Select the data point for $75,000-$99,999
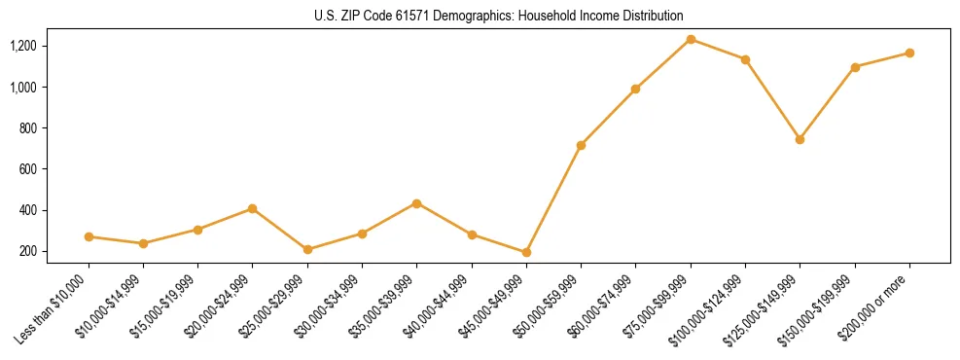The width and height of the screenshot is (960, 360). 691,39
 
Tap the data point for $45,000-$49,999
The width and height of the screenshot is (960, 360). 526,252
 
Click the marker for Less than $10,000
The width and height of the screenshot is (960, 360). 89,236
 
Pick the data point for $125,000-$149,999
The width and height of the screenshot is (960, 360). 800,139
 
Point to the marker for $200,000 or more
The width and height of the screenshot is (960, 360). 909,53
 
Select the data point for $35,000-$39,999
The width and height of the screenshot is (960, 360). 416,203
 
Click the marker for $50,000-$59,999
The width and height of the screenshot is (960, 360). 581,145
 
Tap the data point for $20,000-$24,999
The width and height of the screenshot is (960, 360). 253,208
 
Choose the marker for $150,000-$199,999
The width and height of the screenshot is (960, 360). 855,67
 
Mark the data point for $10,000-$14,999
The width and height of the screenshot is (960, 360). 143,243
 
